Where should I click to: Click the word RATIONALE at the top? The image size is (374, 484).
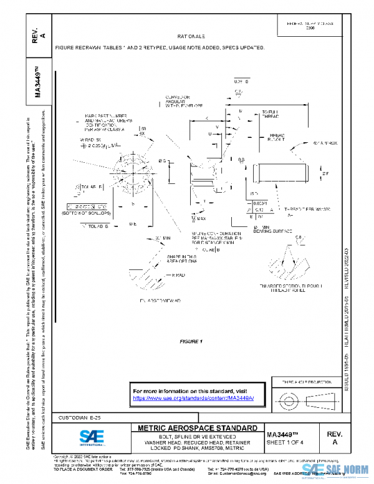[x=187, y=37]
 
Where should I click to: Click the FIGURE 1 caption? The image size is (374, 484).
[x=191, y=341]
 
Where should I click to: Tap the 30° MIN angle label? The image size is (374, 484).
[x=161, y=238]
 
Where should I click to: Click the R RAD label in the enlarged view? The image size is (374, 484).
[x=177, y=274]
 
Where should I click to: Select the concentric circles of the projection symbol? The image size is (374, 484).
[x=288, y=397]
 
